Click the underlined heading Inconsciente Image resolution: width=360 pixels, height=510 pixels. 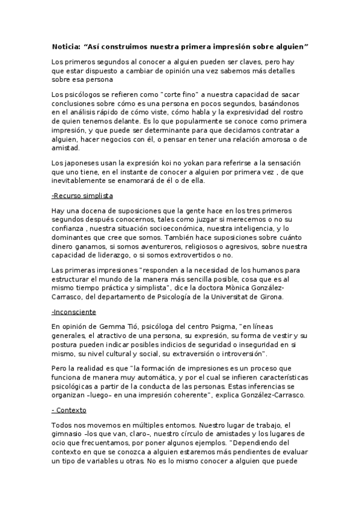click(75, 313)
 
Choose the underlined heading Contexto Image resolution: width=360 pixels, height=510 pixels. click(70, 410)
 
